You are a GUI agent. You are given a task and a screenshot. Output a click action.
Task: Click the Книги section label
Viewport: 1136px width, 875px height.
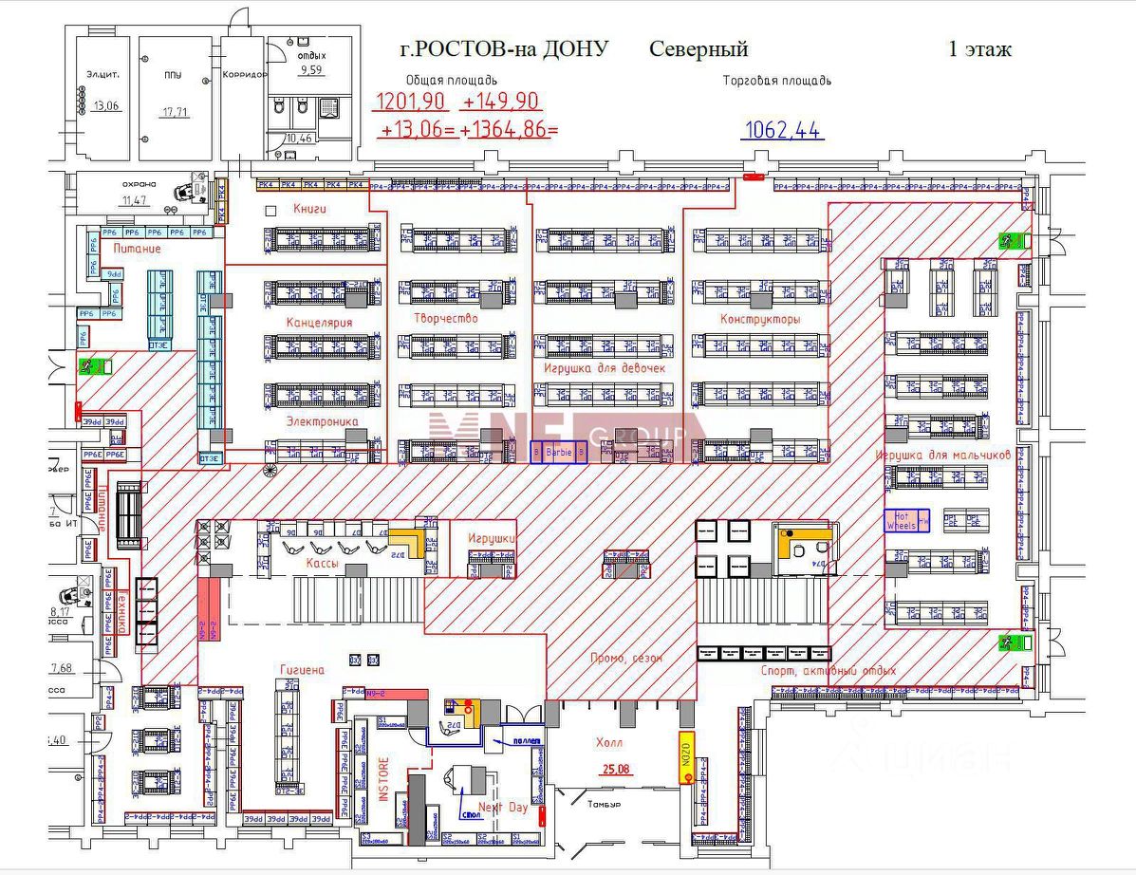(310, 208)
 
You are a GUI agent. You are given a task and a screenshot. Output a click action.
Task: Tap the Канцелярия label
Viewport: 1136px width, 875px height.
(319, 323)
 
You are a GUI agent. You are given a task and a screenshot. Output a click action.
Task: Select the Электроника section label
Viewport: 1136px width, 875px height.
(322, 420)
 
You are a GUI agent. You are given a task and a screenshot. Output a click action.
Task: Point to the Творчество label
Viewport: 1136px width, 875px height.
(445, 318)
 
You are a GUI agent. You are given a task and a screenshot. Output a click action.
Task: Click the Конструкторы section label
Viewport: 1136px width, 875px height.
(759, 319)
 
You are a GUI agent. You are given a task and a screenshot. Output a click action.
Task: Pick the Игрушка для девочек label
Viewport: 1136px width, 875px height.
(605, 367)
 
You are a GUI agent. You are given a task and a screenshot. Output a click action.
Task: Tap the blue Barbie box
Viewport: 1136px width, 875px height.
(558, 453)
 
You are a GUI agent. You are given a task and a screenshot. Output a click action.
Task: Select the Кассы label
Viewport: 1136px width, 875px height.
(323, 564)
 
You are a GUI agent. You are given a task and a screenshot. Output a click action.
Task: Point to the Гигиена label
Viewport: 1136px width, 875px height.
(302, 670)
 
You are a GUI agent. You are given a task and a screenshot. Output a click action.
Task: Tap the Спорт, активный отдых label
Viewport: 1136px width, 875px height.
(829, 671)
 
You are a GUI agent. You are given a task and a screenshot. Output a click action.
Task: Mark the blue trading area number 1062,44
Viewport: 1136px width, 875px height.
(783, 131)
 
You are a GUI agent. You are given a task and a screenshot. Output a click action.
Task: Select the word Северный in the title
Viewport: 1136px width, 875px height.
(698, 49)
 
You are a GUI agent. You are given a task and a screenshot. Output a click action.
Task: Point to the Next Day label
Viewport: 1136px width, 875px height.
(502, 808)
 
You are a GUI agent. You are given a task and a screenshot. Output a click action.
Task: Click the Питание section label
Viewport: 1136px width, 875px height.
(137, 249)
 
